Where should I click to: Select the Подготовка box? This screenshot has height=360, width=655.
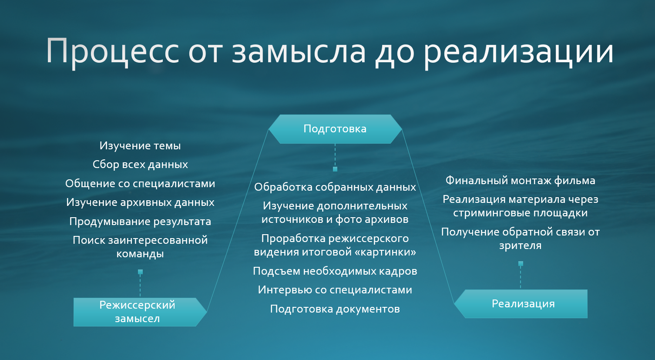335,129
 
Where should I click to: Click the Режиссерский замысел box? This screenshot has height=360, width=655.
140,312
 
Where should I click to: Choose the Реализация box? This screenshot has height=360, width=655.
521,303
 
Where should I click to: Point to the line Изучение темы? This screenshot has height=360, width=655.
140,146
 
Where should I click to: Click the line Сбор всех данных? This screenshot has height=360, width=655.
140,165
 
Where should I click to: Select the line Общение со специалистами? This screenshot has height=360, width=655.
140,183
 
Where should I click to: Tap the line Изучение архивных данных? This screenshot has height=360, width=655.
140,202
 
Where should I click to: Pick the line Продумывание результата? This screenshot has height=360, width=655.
140,222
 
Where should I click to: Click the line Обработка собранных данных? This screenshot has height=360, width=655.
335,187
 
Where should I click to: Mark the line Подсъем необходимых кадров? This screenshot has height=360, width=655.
335,271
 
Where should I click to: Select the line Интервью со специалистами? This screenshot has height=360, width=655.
335,290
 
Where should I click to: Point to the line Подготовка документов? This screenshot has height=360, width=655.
335,309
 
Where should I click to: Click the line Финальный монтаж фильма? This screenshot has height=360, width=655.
521,181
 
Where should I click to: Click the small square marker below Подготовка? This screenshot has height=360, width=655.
335,169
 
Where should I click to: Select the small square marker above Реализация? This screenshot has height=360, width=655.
521,263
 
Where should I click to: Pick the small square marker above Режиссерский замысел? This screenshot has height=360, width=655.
140,272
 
